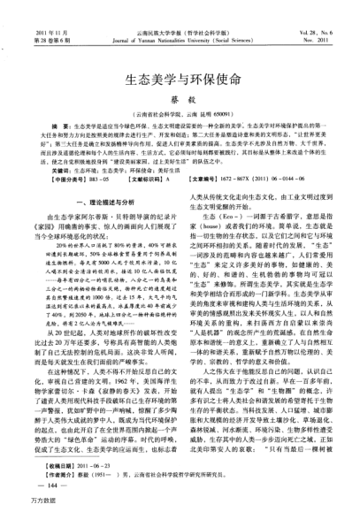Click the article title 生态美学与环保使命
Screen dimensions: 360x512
pyautogui.click(x=180, y=80)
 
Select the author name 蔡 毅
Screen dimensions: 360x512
pyautogui.click(x=180, y=100)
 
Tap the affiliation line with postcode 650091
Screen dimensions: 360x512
pyautogui.click(x=180, y=114)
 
